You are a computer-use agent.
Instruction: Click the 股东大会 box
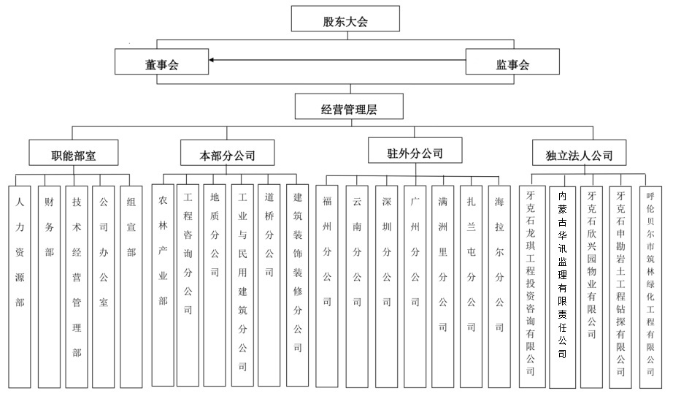pos(345,20)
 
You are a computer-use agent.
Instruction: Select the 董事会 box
pos(161,64)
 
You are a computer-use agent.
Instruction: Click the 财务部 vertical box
pos(49,285)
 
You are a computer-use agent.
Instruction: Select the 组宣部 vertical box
pos(131,285)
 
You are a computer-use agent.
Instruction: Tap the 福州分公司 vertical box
pos(328,285)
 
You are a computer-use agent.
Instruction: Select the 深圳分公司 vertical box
pos(386,285)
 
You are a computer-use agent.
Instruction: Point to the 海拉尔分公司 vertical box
pos(499,285)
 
